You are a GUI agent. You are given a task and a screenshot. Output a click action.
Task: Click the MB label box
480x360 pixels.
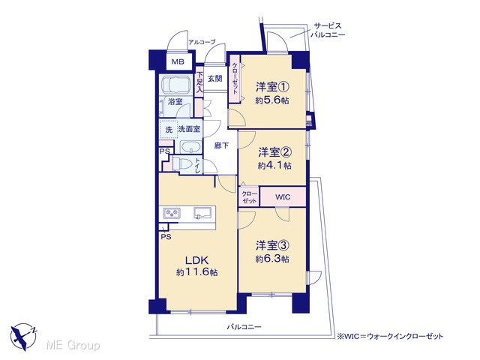point(178,61)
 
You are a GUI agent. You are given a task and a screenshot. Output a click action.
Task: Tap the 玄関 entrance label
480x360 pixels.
point(215,79)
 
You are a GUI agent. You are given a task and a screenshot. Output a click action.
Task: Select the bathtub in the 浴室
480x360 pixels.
point(175,85)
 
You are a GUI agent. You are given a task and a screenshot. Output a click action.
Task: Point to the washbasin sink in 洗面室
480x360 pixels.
point(190,148)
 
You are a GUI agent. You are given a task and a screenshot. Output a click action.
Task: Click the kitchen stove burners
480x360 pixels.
point(172,212)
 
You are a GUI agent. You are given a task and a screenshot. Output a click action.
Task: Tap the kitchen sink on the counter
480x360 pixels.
point(203,212)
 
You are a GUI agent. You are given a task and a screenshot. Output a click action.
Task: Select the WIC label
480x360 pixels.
point(283,196)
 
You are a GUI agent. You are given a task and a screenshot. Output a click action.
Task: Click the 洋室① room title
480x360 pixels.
point(272,87)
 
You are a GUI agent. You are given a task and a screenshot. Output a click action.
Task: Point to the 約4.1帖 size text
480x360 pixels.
point(274,166)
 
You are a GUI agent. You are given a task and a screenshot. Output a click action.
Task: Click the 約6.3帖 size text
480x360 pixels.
point(272,259)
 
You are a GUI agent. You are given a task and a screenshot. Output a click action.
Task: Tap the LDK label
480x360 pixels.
point(197,260)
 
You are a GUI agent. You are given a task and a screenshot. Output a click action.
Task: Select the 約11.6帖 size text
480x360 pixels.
point(197,271)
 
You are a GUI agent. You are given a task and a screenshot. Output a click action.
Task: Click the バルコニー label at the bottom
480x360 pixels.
point(244,327)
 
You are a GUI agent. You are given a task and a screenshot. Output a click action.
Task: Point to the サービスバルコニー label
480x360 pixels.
point(328,30)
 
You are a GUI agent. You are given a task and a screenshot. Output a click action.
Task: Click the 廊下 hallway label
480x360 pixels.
point(221,145)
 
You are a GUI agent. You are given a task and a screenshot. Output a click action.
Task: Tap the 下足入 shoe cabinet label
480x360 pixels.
point(199,82)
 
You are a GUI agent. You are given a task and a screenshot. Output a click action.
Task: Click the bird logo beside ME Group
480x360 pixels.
point(23,337)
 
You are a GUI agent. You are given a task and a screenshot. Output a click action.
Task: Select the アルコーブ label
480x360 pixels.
point(202,42)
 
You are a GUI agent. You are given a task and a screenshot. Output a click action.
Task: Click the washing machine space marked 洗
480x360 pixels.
point(168,130)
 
